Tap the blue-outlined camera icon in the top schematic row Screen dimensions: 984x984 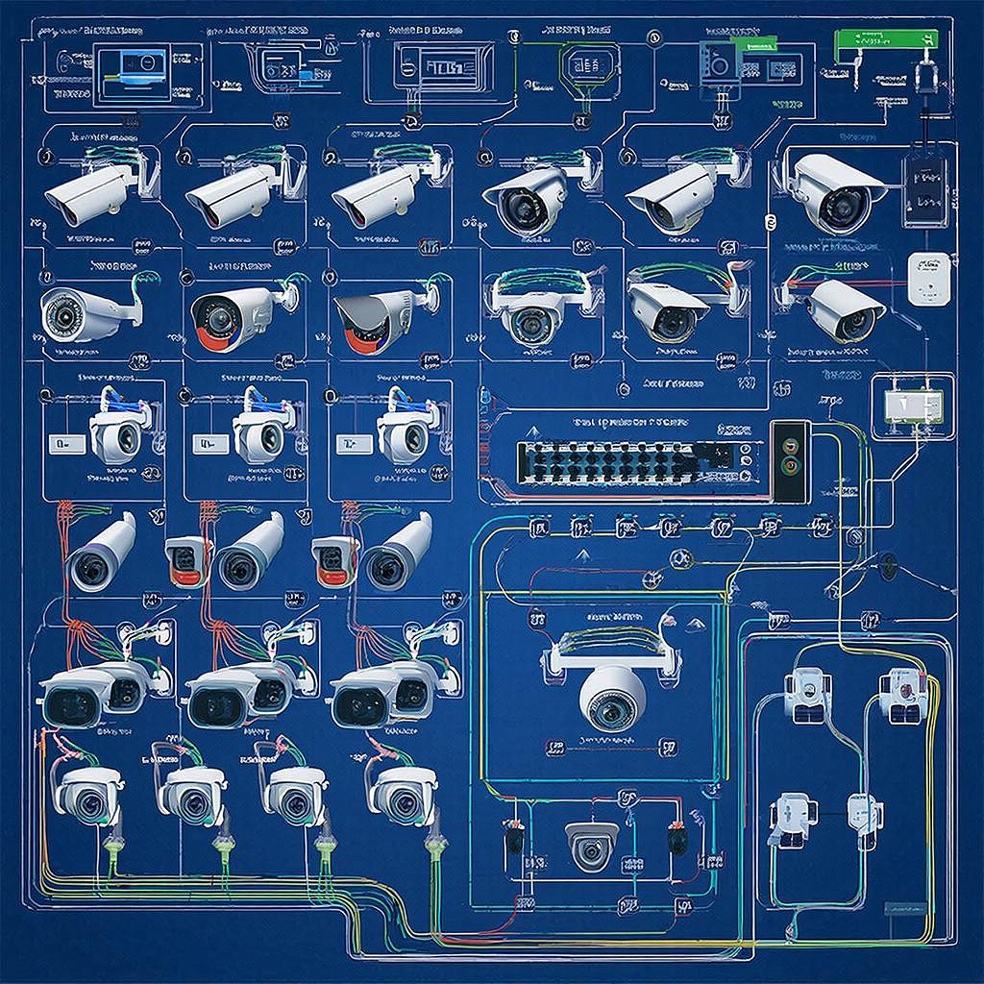tap(719, 62)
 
